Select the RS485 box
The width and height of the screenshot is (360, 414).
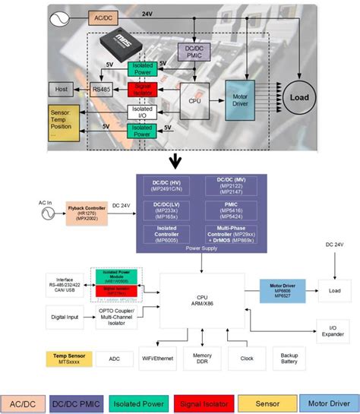101,90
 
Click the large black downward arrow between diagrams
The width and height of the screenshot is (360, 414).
176,160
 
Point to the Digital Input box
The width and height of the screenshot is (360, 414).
65,315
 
